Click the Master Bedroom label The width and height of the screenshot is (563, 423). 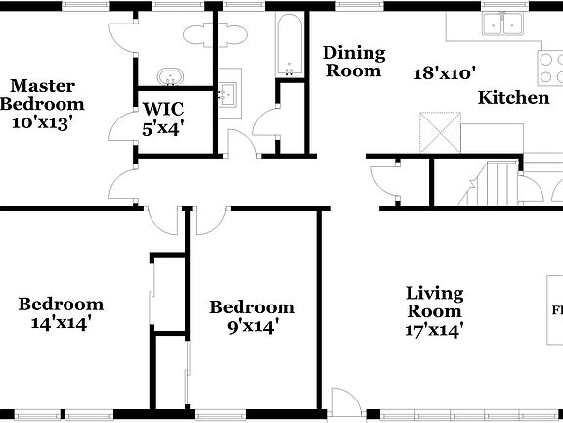point(42,94)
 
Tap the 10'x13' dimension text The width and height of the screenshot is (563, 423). point(42,122)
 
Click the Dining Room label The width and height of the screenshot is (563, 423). point(355,61)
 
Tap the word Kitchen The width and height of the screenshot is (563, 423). point(512,98)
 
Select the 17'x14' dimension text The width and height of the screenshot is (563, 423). point(435,330)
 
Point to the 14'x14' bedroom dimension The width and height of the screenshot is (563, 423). point(61,322)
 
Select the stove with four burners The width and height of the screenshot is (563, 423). point(547,67)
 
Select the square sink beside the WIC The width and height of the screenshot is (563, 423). point(231,94)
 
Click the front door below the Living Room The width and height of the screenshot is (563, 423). point(344,401)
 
